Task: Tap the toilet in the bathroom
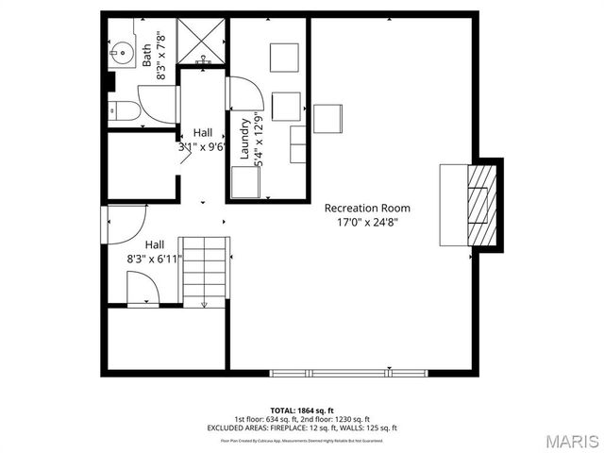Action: coord(124,110)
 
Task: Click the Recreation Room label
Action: coord(367,208)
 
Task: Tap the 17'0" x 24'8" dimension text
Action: coord(367,223)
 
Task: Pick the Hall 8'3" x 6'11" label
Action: coord(153,250)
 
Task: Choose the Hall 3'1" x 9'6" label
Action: coord(200,140)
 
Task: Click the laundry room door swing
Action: coord(243,94)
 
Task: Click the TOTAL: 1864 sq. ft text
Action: coord(302,411)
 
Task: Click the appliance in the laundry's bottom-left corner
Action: coord(244,181)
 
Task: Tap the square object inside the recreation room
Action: coord(327,118)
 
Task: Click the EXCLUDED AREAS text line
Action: coord(302,428)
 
